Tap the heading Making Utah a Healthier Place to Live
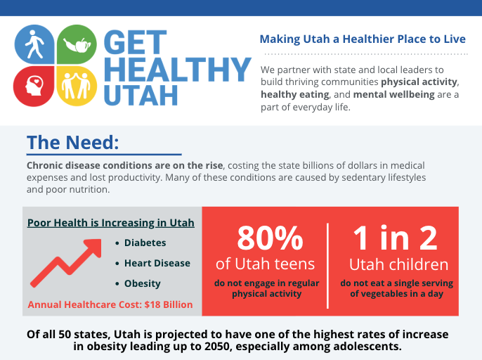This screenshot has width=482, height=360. tap(363, 39)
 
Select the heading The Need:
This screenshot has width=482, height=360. tap(72, 142)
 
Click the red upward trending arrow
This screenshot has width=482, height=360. tap(67, 263)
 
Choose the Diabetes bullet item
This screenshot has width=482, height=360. tap(145, 243)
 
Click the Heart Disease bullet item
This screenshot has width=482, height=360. tap(157, 263)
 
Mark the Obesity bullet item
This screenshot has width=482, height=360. tap(142, 283)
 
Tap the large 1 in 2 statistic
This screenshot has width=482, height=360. tap(396, 239)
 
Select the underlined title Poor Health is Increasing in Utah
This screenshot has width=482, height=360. tap(111, 223)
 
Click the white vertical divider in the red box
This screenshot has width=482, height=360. tap(328, 265)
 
